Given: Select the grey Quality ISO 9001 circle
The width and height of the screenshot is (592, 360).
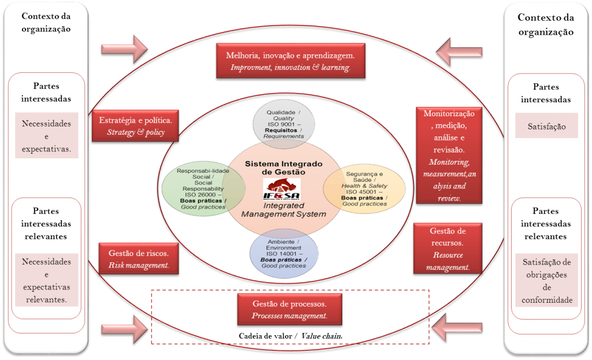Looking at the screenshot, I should (x=284, y=123).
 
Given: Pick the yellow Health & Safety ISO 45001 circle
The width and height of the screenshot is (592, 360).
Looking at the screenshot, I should (x=364, y=187).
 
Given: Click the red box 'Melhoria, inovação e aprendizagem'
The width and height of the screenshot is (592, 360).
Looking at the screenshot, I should (x=290, y=61).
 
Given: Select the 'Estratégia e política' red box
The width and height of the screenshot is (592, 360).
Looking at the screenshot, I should (x=135, y=127).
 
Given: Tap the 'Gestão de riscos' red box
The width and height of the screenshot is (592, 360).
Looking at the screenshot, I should (x=138, y=258).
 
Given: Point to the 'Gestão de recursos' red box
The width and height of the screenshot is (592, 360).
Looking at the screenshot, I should (x=448, y=249).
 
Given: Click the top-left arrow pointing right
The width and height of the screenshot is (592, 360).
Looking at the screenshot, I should (x=124, y=49).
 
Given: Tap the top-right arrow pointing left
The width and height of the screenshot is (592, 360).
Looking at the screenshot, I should (x=459, y=52).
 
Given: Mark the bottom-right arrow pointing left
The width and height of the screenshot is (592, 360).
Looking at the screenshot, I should (x=457, y=327).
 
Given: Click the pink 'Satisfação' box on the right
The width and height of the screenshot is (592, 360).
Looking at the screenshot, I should (x=546, y=126).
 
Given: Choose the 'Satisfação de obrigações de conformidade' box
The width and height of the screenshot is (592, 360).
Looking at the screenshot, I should (x=546, y=281).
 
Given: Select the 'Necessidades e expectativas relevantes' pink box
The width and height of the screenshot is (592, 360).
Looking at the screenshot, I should (x=46, y=280).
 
